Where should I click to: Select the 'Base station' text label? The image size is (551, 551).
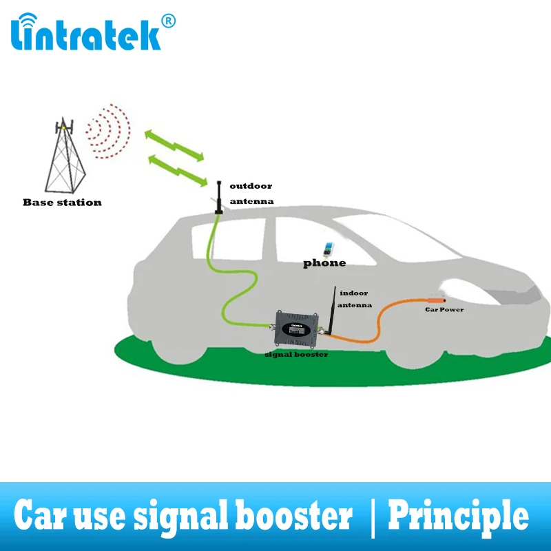(62, 202)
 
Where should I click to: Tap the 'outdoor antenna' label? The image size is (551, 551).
(251, 194)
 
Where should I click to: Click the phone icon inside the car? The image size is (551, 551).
(329, 249)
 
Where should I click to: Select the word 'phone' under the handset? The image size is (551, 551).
(325, 263)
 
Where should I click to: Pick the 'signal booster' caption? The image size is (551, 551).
(296, 354)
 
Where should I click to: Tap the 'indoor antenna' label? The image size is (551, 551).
(356, 298)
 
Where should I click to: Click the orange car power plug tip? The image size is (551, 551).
(438, 299)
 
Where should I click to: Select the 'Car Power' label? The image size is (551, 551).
(444, 310)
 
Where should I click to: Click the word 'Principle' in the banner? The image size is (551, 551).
(459, 515)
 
